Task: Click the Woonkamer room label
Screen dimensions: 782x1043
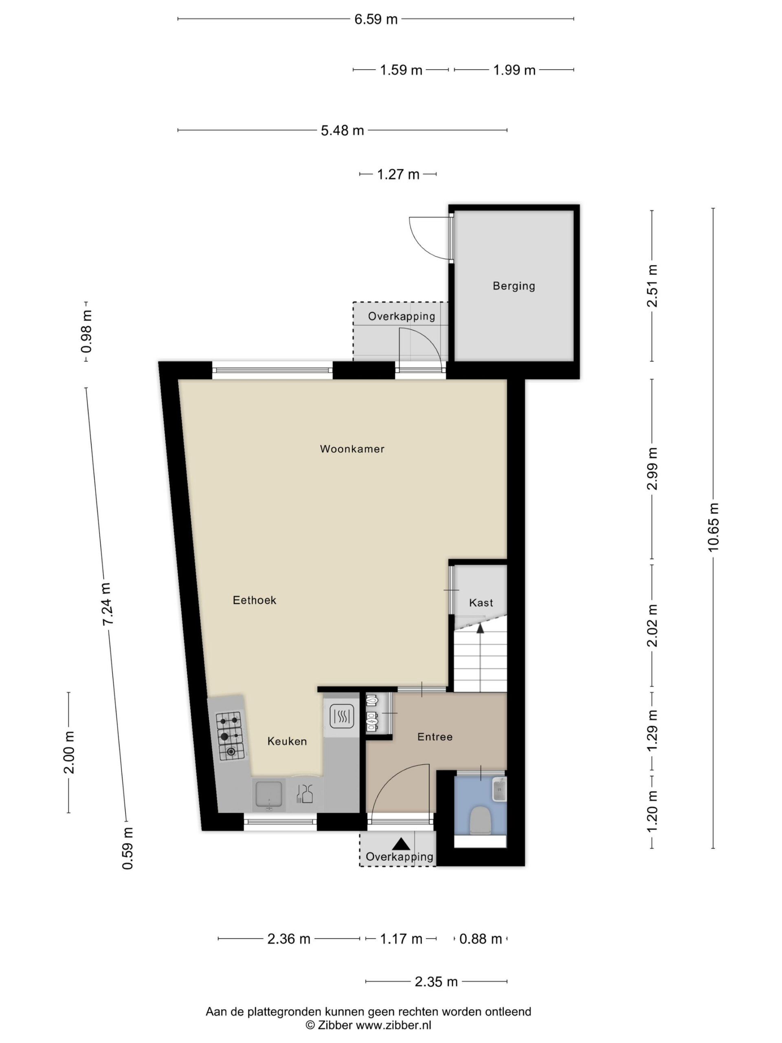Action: [x=352, y=449]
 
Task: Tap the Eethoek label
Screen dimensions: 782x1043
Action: [x=254, y=600]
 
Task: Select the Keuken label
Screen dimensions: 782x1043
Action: [x=287, y=741]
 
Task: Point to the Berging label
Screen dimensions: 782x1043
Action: [x=514, y=286]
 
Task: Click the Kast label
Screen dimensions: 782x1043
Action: [x=481, y=603]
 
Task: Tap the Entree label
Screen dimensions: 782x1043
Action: [x=435, y=737]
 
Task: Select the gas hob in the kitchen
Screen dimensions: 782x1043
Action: [x=231, y=736]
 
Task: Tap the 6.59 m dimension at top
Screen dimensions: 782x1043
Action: [x=376, y=19]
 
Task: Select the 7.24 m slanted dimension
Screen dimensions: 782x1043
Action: [x=107, y=605]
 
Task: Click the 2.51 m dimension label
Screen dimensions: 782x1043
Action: [x=652, y=286]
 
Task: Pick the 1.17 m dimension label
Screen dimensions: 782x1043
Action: [x=401, y=939]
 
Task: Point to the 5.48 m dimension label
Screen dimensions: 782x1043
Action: [x=342, y=131]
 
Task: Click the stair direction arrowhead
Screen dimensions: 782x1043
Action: [x=480, y=627]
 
